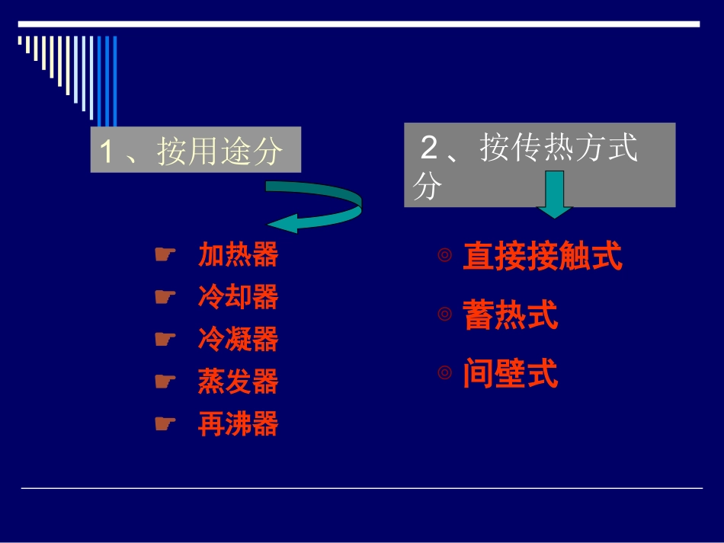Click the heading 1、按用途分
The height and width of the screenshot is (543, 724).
[x=195, y=151]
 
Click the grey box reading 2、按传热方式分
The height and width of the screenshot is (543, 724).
[x=539, y=164]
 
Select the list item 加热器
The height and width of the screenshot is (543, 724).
[x=238, y=255]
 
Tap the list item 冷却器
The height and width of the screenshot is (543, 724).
[x=238, y=297]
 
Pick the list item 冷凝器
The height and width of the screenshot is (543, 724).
[x=238, y=339]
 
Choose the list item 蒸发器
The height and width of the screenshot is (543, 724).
[x=238, y=382]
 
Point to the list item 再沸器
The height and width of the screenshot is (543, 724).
[x=238, y=424]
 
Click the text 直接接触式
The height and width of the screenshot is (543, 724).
[x=542, y=257]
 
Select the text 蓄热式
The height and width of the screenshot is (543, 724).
[x=510, y=315]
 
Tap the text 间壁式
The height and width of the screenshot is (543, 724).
[x=510, y=374]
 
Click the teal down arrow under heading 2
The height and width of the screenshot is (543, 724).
[x=555, y=195]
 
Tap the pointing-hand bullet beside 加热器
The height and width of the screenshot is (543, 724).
[x=165, y=254]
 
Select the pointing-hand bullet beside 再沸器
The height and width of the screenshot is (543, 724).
[x=165, y=423]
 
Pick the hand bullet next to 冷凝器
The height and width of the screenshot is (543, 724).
[x=165, y=338]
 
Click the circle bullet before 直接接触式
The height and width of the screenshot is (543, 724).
[x=445, y=256]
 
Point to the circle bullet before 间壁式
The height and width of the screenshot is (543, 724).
[x=445, y=373]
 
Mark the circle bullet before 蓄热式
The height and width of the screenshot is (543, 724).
[x=445, y=314]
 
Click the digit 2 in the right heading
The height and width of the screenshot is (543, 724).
[x=429, y=148]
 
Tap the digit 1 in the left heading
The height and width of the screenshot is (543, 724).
[x=107, y=152]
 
